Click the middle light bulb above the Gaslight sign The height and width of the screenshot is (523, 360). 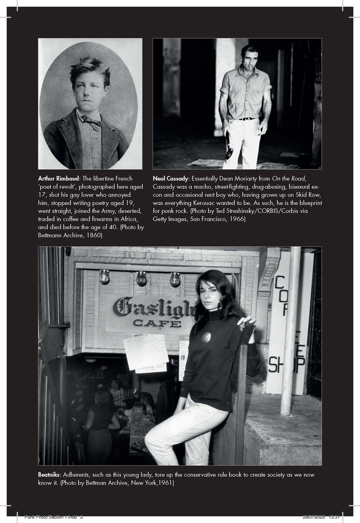coord(141,278)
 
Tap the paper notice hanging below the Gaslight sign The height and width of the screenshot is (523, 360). coord(146,354)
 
